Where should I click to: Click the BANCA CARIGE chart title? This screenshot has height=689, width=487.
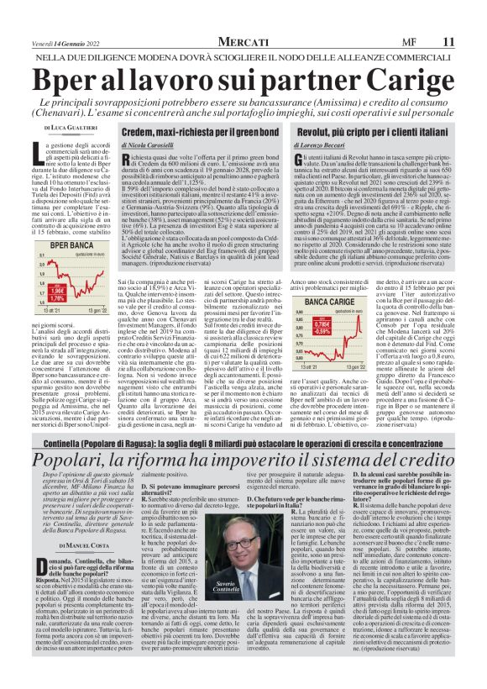[330, 301]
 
